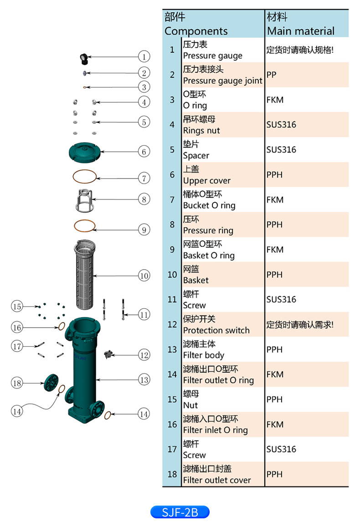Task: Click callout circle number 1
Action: (144, 56)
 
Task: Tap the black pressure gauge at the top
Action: (83, 57)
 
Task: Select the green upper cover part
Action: (86, 151)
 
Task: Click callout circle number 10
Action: (144, 276)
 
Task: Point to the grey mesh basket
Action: (85, 276)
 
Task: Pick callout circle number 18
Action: (17, 383)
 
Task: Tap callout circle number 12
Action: (144, 355)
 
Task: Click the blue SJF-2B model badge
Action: (180, 512)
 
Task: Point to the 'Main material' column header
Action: (301, 31)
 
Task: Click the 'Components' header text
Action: (196, 31)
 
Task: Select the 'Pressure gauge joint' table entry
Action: (222, 81)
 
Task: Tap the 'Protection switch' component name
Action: (216, 330)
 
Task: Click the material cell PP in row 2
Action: (272, 74)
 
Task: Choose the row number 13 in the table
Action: (172, 349)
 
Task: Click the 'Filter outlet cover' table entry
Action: (216, 480)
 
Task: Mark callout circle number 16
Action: (17, 327)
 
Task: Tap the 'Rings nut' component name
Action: (201, 130)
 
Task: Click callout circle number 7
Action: (144, 178)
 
